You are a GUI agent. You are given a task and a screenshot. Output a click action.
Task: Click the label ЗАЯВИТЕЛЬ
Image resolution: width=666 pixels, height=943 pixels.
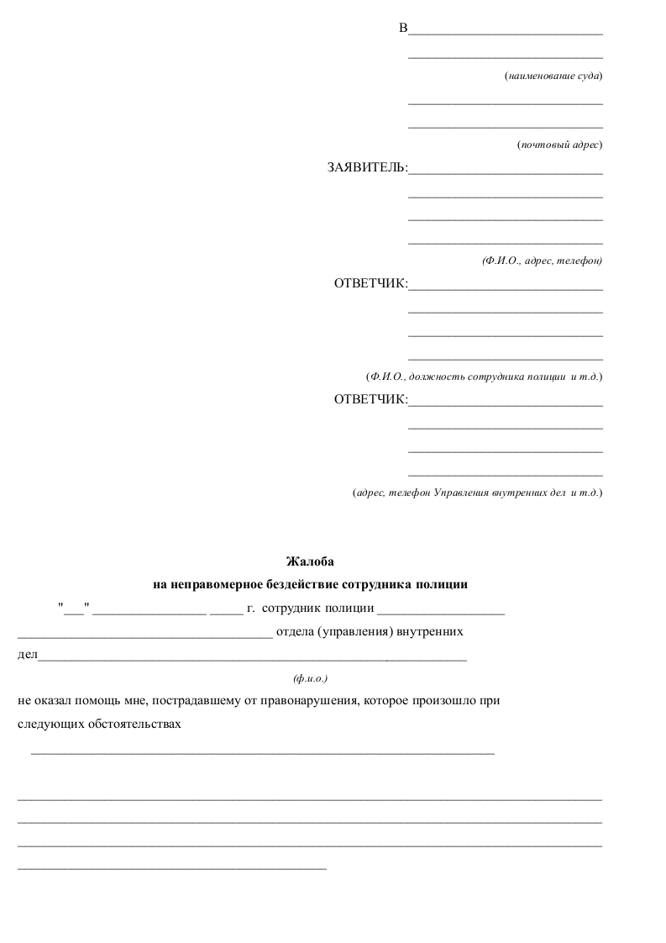[367, 168]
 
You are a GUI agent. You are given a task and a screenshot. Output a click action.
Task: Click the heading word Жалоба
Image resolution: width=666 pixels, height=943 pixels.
[310, 561]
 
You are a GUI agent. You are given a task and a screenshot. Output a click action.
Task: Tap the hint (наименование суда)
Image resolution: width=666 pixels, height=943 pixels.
[553, 76]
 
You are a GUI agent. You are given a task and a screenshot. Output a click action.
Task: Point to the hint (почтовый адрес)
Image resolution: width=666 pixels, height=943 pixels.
[559, 145]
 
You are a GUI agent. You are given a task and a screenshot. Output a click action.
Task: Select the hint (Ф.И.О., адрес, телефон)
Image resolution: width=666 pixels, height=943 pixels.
[542, 261]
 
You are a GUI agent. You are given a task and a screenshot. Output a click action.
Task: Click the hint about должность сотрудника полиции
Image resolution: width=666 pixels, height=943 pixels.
[484, 377]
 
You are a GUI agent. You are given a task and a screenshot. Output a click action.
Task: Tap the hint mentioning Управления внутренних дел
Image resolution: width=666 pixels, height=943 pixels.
[477, 493]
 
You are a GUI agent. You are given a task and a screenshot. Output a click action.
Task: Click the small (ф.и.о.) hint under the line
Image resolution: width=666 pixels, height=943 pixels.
[310, 677]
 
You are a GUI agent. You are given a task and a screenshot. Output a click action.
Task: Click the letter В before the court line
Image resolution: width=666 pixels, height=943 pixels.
[403, 29]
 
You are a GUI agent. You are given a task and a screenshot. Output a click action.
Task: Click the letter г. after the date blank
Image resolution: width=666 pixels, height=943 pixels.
[251, 608]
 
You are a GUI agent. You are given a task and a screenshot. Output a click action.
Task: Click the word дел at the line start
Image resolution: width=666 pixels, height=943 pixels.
[27, 655]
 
